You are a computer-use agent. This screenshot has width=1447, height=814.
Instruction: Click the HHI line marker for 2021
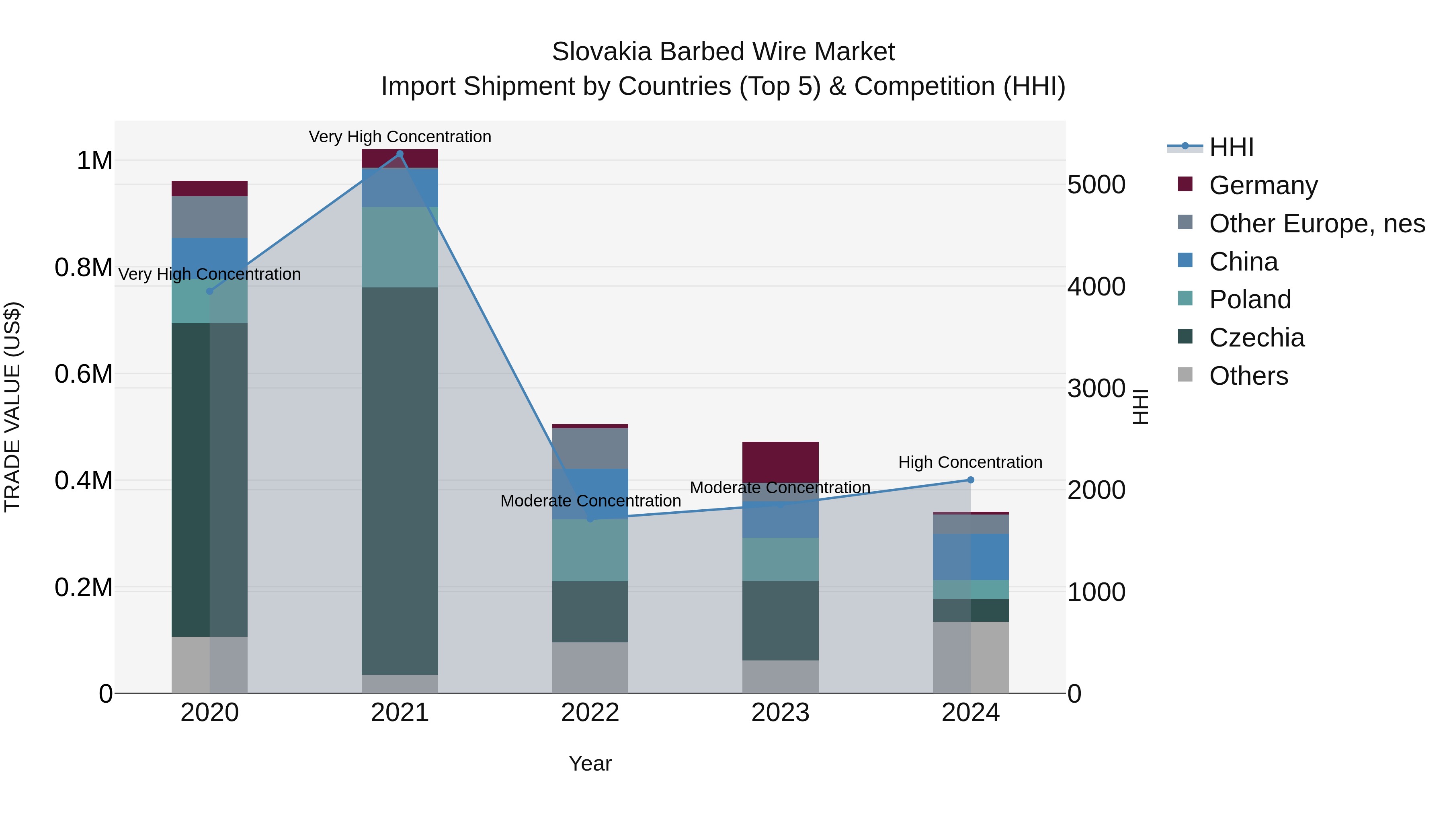(x=400, y=154)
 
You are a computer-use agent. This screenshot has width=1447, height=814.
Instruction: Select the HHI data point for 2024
(x=971, y=480)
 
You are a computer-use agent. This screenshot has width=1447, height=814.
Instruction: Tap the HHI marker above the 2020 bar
(x=209, y=291)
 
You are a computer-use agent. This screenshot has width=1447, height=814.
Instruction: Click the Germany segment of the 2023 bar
(x=780, y=461)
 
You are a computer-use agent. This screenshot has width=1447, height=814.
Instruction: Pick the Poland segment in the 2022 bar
(x=590, y=550)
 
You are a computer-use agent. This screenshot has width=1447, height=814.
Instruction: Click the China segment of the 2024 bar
(x=971, y=557)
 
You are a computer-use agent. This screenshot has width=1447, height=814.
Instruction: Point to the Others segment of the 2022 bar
(x=590, y=667)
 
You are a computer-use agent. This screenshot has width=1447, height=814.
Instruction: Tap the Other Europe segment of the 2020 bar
(x=209, y=217)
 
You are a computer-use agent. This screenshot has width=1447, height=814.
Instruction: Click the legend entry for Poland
(x=1250, y=299)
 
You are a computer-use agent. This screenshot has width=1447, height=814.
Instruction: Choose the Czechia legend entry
(x=1256, y=338)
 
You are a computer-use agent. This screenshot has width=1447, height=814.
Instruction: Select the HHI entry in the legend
(x=1231, y=147)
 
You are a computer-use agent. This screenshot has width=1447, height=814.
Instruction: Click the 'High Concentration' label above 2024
(x=970, y=462)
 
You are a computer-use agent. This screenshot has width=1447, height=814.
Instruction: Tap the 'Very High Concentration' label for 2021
(x=400, y=137)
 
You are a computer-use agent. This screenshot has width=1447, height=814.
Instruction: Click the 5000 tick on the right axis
(x=1096, y=185)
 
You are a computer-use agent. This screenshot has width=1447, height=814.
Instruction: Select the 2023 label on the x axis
(x=780, y=713)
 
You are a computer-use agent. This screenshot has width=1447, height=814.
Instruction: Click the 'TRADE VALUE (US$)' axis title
(x=12, y=407)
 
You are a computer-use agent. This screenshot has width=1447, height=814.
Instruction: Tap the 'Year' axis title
(x=590, y=763)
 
